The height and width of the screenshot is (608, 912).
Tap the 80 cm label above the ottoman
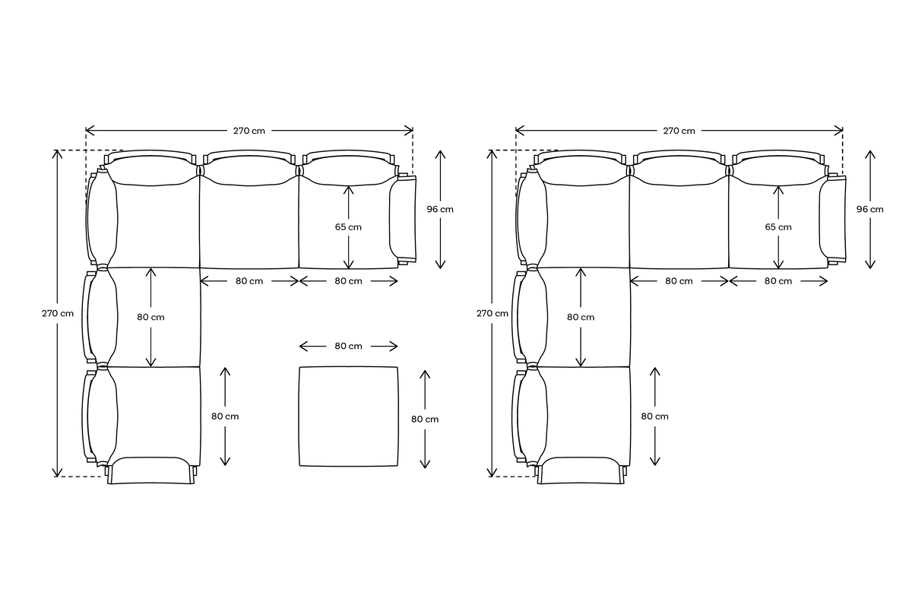coord(349,347)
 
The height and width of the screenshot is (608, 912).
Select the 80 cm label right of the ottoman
coord(425,419)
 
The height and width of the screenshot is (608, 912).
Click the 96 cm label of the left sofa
coord(440,209)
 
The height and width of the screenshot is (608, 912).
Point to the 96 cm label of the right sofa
coord(870,209)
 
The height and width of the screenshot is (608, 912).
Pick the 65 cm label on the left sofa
coord(349,226)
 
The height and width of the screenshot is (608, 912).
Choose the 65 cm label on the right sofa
coord(778,226)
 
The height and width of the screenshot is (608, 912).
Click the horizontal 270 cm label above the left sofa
coord(249,130)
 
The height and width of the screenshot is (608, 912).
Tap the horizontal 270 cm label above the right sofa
coord(679,130)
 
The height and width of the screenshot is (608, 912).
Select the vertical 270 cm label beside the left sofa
coord(58,313)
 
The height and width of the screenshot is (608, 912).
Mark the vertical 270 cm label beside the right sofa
coord(492,313)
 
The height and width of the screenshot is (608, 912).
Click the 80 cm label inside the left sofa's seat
coord(151,317)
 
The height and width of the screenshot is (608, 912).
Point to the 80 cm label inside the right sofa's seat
coord(581,317)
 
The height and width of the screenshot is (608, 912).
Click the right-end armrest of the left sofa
coord(403,219)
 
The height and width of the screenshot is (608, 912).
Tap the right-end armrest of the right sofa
coord(833,219)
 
